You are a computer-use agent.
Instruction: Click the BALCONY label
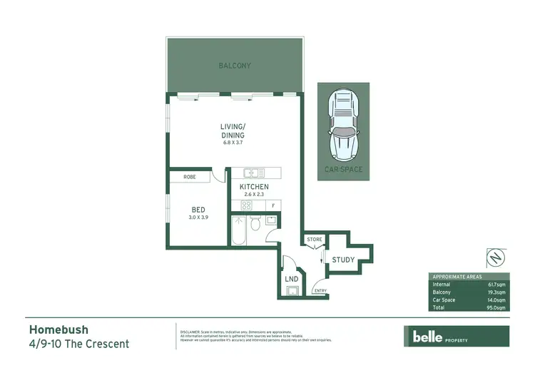point(234,66)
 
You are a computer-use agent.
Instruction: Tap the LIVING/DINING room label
point(233,131)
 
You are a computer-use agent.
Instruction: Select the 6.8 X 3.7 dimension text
point(233,143)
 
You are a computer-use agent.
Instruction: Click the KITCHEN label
point(254,187)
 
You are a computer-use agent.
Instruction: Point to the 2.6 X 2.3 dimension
point(254,194)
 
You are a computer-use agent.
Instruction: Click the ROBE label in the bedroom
point(190,176)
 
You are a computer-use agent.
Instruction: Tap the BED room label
point(198,210)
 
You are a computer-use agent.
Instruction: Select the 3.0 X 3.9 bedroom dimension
point(198,218)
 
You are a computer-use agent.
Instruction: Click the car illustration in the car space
point(343,125)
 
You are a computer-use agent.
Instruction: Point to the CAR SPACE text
point(343,170)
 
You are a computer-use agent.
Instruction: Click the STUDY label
point(343,260)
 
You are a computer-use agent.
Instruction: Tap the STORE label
point(314,240)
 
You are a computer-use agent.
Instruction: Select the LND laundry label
point(291,279)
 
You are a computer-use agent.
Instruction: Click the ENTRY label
point(320,290)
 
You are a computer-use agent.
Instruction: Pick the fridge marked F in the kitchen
point(273,205)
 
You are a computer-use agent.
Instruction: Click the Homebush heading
point(58,330)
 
